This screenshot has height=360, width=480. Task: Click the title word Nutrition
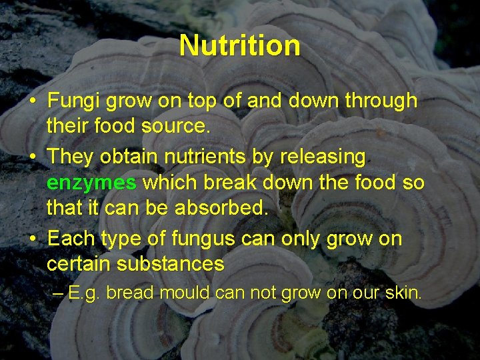239,45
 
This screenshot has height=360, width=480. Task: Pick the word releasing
323,157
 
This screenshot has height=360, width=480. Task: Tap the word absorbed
221,208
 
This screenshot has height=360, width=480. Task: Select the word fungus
203,238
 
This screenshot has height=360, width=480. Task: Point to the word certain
79,264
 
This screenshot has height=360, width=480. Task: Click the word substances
170,264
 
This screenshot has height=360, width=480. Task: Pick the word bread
131,292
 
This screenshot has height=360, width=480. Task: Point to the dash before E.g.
59,292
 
